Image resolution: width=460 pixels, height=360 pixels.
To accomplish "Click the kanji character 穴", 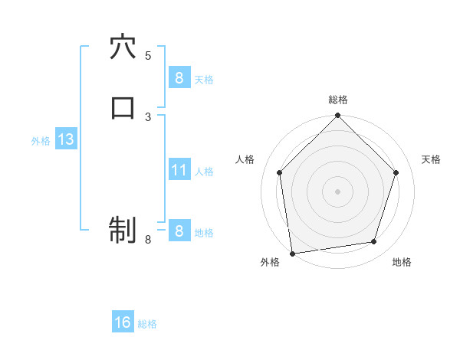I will point(123,47).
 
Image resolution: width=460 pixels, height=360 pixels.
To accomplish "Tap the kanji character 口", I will point(123,107).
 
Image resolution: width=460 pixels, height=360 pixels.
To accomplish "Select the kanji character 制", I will point(123,229).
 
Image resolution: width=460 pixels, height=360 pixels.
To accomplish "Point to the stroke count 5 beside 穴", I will point(148,55).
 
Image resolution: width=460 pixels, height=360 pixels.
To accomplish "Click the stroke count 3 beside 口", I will point(148,116).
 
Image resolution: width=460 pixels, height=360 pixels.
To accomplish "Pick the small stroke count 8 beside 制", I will point(148,240).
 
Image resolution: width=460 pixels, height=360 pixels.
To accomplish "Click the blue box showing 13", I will point(65,139).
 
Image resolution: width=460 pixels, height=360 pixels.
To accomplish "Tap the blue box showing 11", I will point(179,170).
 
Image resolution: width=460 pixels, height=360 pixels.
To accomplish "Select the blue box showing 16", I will point(123,322).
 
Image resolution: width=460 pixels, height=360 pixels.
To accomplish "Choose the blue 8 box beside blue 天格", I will point(179,77).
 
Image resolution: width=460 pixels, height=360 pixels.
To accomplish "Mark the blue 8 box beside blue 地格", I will point(179,231).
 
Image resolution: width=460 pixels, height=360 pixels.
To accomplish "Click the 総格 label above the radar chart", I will point(338,100).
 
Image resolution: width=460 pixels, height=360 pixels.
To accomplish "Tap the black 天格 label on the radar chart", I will point(432,159).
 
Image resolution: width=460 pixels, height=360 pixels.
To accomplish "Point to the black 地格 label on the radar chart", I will point(402,262).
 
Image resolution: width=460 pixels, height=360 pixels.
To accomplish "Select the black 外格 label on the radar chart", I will point(270,262).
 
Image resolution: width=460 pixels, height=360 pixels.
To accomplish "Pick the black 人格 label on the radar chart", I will point(245,159).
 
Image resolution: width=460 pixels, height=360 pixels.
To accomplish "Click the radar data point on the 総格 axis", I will point(338,116).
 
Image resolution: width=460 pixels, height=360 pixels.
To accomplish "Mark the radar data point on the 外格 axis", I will point(292,253).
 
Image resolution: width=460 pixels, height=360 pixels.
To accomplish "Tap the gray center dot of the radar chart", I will point(338,190).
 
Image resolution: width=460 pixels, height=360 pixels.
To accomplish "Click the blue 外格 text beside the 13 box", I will point(41,141).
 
